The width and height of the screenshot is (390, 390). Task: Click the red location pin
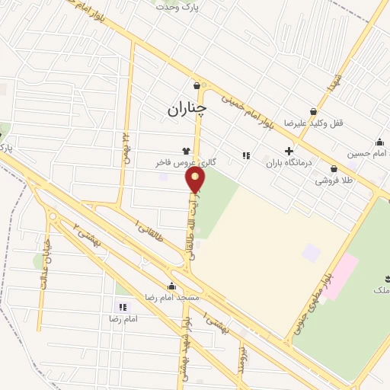[196, 180]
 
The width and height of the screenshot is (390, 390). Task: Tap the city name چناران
[187, 110]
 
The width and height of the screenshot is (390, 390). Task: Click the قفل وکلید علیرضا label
[305, 123]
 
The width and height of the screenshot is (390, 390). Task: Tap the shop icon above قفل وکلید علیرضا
[313, 111]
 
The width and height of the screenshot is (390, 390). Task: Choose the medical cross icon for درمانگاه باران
[288, 151]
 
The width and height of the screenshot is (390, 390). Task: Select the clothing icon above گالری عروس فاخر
[186, 151]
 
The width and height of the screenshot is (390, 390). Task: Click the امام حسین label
[364, 153]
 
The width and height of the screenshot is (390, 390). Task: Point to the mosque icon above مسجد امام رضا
[171, 287]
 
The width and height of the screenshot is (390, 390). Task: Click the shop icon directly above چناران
[197, 85]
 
